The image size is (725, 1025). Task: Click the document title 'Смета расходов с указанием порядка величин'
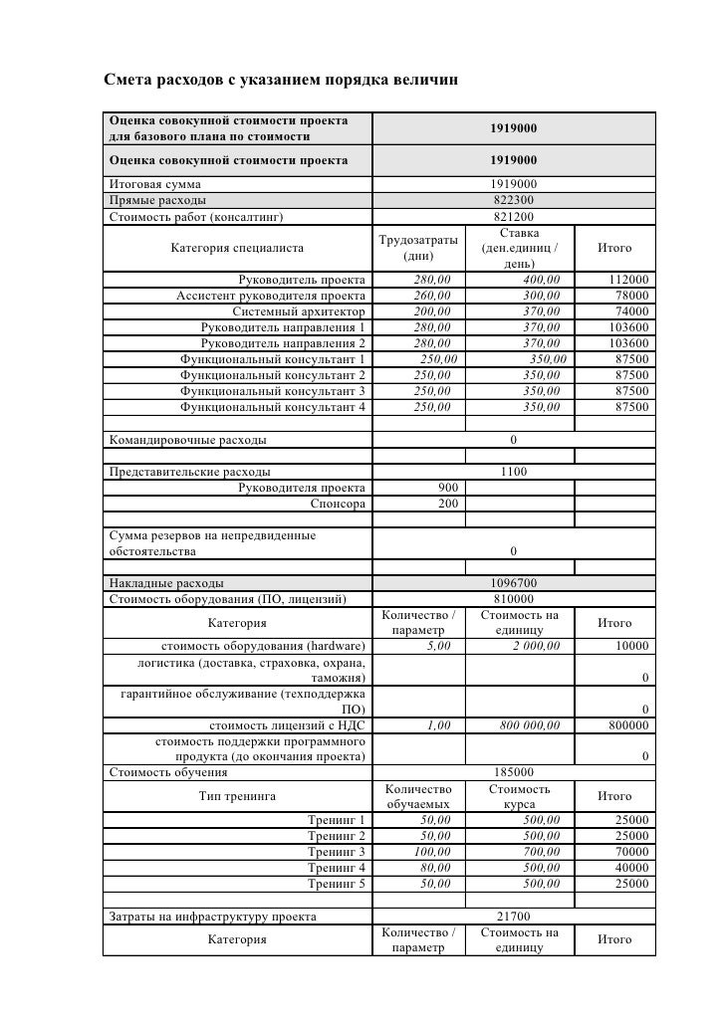click(281, 79)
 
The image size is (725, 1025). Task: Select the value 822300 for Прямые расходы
click(514, 200)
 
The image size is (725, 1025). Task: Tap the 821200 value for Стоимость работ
click(514, 216)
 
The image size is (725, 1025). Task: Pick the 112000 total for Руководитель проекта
click(629, 280)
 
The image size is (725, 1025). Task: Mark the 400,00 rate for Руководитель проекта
click(541, 280)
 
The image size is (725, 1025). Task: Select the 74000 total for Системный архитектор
click(632, 311)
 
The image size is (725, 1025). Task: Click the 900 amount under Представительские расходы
click(448, 487)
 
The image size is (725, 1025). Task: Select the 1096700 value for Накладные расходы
click(514, 582)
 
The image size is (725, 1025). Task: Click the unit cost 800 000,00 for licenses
click(530, 725)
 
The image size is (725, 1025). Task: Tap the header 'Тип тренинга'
click(237, 796)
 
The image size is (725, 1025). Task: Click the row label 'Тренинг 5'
click(337, 884)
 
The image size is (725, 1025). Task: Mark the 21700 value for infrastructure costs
click(514, 917)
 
